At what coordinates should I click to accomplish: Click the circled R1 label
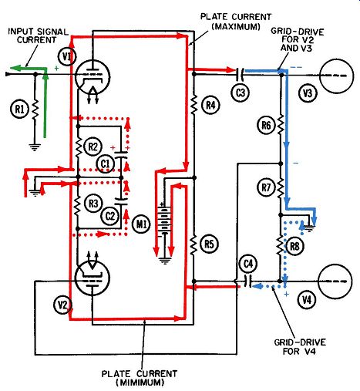tap(19, 110)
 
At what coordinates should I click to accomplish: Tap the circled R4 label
tap(210, 105)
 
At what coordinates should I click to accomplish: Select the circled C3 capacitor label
tap(241, 93)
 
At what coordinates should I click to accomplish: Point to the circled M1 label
tap(142, 224)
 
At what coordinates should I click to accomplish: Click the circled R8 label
tap(294, 247)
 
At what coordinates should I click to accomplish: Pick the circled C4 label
tap(248, 264)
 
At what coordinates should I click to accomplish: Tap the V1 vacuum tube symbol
tap(93, 77)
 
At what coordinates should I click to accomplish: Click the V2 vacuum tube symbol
tap(93, 278)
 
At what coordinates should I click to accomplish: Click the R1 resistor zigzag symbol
tap(35, 110)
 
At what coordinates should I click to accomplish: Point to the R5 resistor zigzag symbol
tap(193, 244)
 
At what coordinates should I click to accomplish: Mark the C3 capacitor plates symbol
tap(240, 74)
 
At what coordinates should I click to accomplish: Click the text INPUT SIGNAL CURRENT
tap(38, 35)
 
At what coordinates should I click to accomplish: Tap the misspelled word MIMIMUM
tap(140, 383)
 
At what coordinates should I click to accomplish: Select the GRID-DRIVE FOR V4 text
tap(300, 347)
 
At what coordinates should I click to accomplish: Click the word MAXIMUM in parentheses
tap(236, 26)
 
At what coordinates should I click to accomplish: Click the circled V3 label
tap(308, 93)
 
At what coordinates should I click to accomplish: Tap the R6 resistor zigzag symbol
tap(281, 125)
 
